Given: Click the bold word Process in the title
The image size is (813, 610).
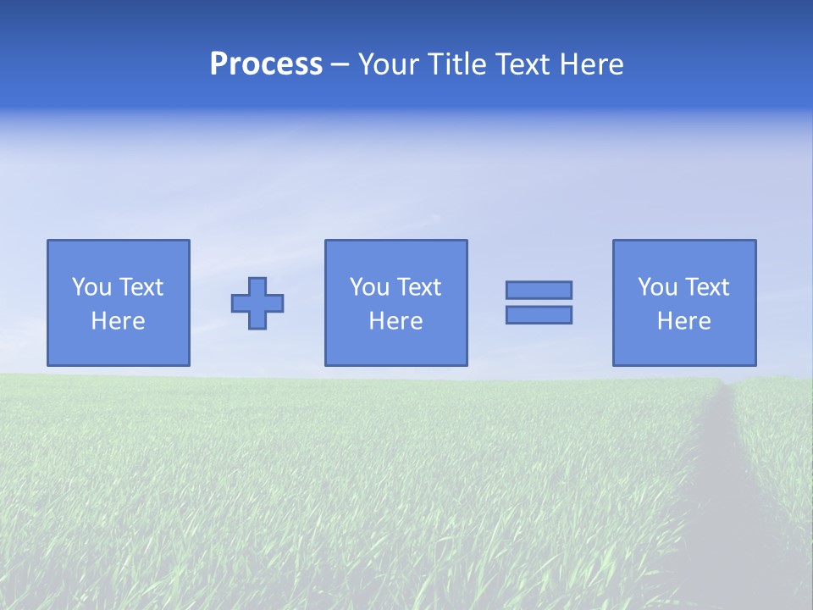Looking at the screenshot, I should pyautogui.click(x=266, y=64).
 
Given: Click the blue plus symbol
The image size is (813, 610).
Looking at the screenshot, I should pyautogui.click(x=257, y=303).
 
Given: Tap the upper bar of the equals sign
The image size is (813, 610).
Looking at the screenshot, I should pyautogui.click(x=539, y=291).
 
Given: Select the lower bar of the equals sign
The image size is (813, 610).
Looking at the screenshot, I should pyautogui.click(x=539, y=314).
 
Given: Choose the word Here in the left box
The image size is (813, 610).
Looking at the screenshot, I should pyautogui.click(x=118, y=321).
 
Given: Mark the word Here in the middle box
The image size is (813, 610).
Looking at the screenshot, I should pyautogui.click(x=395, y=321).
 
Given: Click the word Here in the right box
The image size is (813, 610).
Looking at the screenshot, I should pyautogui.click(x=683, y=321).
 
